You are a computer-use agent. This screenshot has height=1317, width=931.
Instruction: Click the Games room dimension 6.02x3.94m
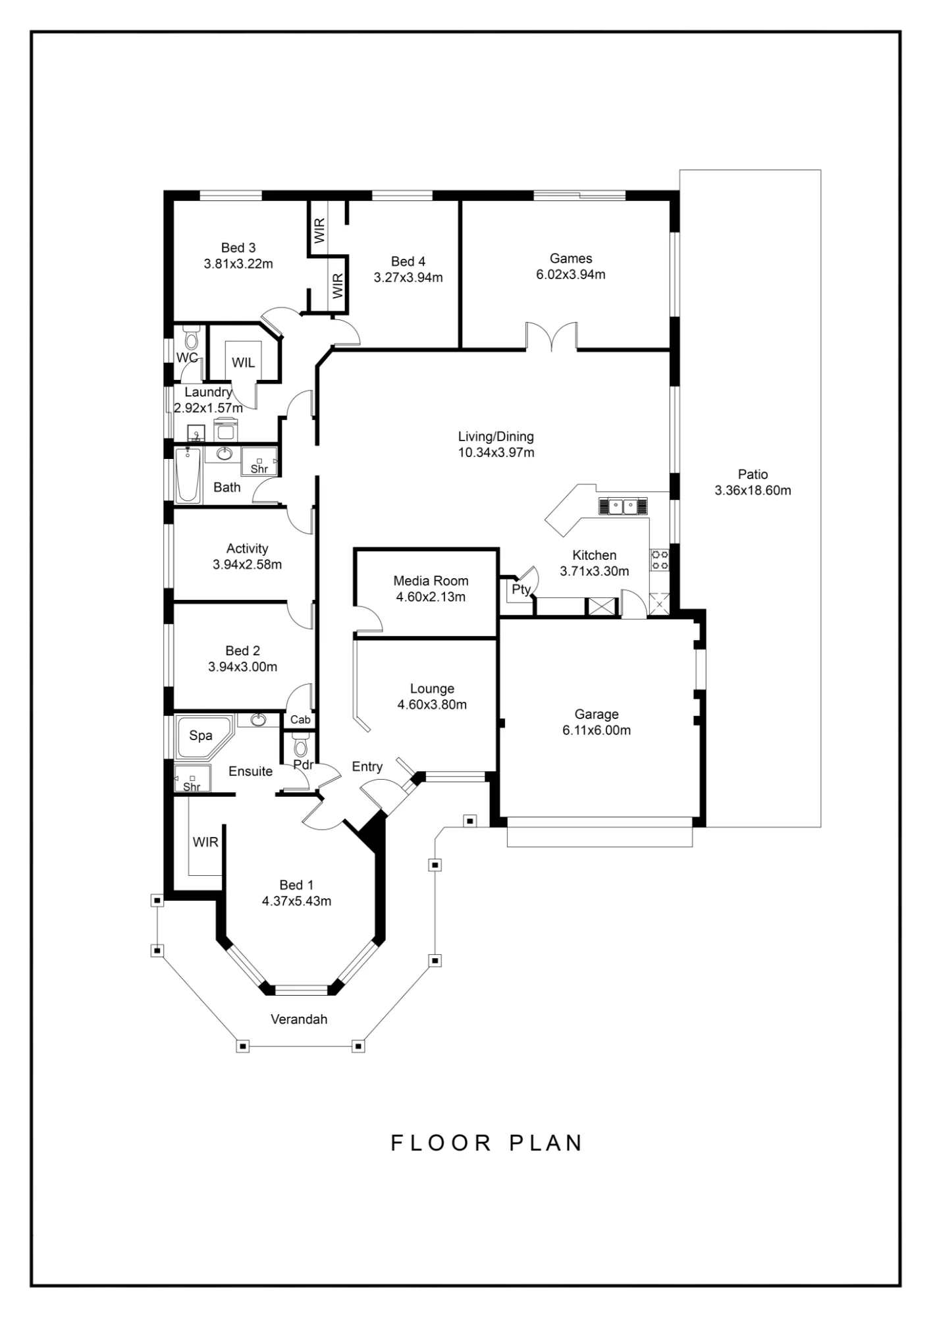[x=571, y=275]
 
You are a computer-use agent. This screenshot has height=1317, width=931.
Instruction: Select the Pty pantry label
[x=521, y=589]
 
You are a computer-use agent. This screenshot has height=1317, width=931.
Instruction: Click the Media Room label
[x=431, y=581]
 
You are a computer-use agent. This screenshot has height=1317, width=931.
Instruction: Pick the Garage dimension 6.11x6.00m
[x=597, y=730]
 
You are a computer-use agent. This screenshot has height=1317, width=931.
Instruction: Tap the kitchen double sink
[x=622, y=506]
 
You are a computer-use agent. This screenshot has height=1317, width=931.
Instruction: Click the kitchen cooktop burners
[x=660, y=560]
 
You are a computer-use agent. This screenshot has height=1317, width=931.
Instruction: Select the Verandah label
[x=299, y=1019]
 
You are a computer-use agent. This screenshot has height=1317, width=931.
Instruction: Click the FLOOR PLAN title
[x=487, y=1143]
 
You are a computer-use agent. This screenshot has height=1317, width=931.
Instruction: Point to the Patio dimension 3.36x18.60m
[x=753, y=491]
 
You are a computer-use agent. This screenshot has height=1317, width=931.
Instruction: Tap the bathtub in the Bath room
[x=188, y=475]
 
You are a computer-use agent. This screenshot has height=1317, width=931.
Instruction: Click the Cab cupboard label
[x=300, y=720]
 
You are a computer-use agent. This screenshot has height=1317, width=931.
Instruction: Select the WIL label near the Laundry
[x=243, y=363]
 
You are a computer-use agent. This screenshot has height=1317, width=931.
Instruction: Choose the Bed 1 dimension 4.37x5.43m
[x=296, y=901]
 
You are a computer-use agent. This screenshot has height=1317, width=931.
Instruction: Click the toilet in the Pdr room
[x=300, y=745]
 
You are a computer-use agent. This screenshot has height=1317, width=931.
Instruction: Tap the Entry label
[x=367, y=766]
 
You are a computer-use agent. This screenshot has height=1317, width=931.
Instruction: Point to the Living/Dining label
[x=496, y=437]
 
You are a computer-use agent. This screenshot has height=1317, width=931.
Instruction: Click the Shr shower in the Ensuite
[x=192, y=778]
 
